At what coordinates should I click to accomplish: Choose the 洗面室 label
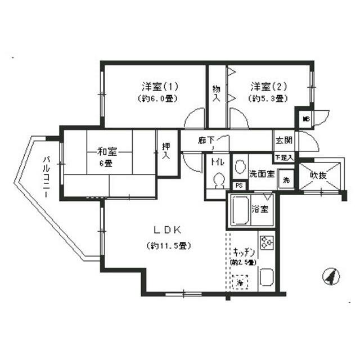point(262,174)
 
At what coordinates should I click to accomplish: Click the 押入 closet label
point(166,150)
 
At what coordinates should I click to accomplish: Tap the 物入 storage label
point(216,93)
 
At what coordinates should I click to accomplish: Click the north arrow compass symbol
point(331,276)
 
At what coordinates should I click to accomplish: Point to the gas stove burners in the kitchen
point(266,242)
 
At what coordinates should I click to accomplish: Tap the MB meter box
point(306,119)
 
